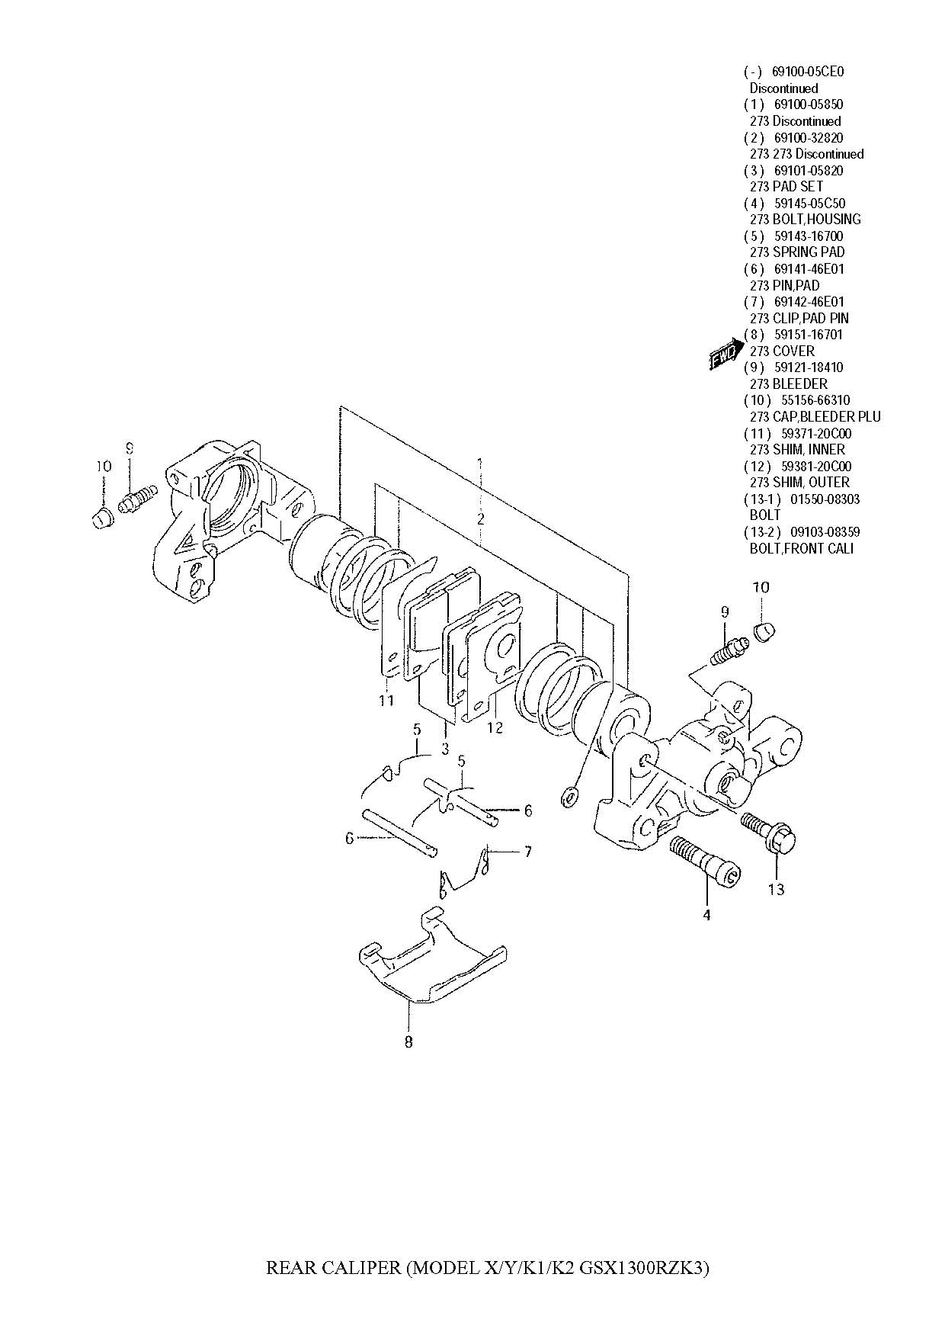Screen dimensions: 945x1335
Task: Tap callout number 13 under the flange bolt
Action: (x=776, y=888)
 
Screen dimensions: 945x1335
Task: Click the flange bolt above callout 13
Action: (x=768, y=833)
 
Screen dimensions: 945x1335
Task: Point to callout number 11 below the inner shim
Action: (x=386, y=700)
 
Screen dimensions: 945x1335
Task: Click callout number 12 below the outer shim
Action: (x=495, y=728)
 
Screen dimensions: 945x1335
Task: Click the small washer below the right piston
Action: (x=567, y=797)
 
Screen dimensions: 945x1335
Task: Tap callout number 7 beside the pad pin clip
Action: (x=527, y=852)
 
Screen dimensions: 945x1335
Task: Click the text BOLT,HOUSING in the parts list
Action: (x=817, y=220)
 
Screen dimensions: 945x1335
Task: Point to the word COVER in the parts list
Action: (x=793, y=351)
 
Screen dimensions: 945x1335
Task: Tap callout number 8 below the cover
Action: (x=408, y=1041)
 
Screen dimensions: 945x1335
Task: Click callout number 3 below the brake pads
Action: (x=445, y=749)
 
